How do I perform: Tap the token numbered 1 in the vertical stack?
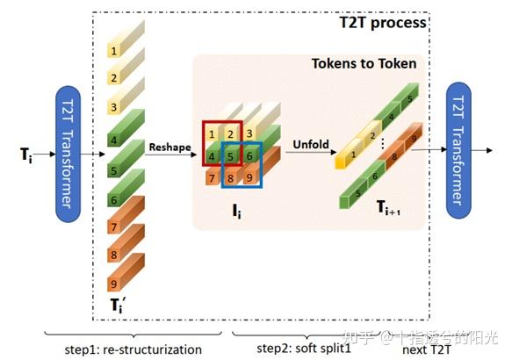click(115, 49)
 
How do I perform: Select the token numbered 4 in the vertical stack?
click(115, 139)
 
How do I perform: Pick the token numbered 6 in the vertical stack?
click(115, 198)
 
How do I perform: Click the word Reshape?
click(169, 147)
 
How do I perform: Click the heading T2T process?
click(383, 23)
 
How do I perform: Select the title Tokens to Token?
click(364, 64)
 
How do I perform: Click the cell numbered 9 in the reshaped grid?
click(252, 178)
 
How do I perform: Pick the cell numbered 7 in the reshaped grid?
click(212, 178)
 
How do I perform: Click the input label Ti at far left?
click(29, 155)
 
